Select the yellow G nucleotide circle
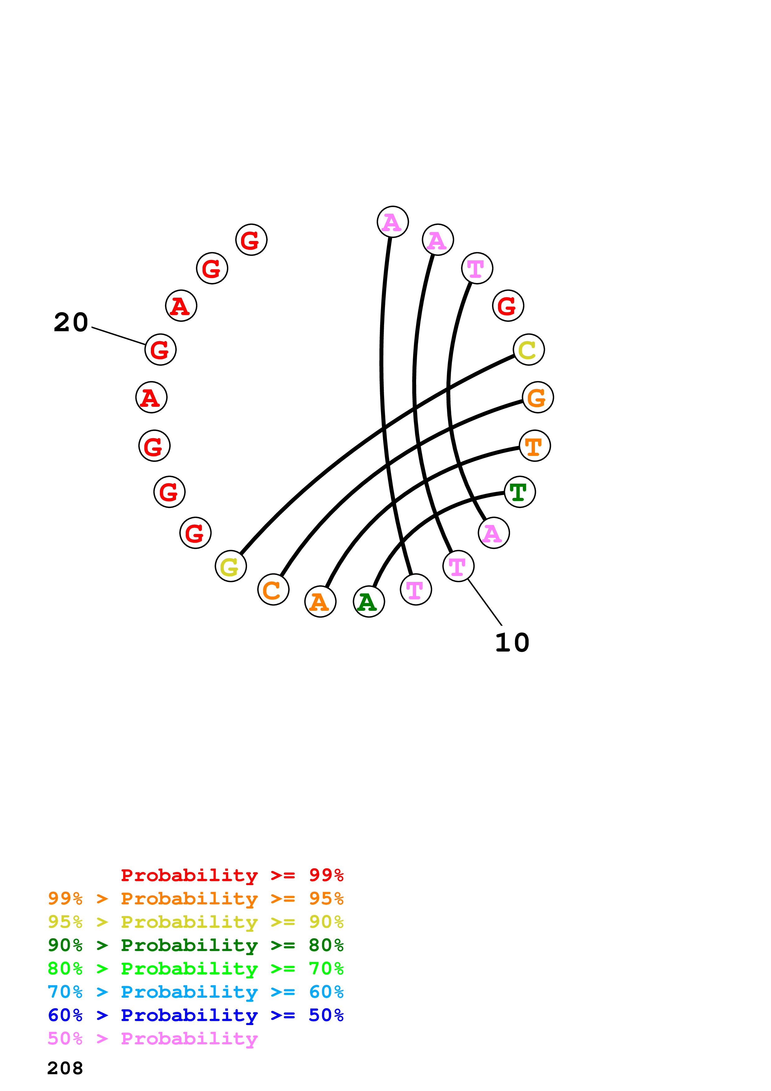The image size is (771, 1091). point(230,566)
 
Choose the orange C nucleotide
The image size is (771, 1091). point(273,590)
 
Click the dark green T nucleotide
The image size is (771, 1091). point(520,492)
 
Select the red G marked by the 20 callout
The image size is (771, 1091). point(160,350)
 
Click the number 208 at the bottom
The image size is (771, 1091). point(65,1068)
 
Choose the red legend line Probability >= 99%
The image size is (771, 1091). point(232,875)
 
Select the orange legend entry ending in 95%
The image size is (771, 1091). point(195,898)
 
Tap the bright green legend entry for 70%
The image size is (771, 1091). point(195,968)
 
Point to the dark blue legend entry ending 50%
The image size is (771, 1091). point(195,1015)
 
